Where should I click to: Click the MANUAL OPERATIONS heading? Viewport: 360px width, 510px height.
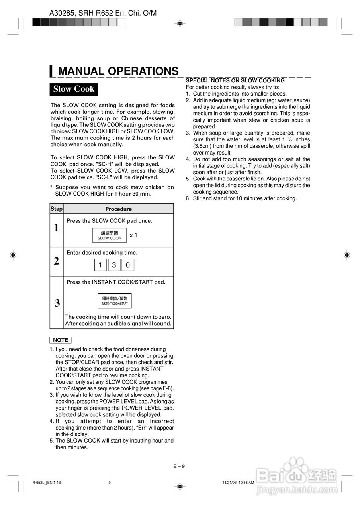tap(118, 71)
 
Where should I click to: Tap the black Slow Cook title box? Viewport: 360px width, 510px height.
tap(74, 89)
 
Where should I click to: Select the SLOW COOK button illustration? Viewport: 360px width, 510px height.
tap(110, 235)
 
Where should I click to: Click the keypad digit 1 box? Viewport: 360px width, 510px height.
tap(100, 265)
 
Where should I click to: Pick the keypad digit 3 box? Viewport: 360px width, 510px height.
tap(114, 265)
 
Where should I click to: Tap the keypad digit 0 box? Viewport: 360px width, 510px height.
tap(128, 265)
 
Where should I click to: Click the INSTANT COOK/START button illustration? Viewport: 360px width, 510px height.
tap(115, 301)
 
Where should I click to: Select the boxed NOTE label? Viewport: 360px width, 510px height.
tap(61, 340)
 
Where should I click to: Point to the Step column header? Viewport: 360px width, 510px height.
tap(57, 208)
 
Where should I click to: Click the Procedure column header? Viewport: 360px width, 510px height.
tap(118, 209)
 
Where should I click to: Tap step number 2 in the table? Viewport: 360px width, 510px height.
tap(57, 261)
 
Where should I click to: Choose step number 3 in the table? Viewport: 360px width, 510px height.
tap(57, 303)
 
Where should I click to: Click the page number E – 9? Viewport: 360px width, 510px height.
tap(179, 466)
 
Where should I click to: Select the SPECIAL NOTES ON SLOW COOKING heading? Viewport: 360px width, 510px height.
tap(235, 80)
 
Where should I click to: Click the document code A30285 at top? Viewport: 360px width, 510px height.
tap(65, 13)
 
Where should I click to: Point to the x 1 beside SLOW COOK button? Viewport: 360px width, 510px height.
tap(133, 235)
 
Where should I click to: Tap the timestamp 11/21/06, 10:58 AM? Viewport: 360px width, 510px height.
tap(238, 483)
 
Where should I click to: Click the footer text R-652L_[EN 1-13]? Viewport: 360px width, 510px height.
tap(47, 483)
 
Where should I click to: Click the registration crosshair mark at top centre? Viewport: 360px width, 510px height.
tap(180, 24)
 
